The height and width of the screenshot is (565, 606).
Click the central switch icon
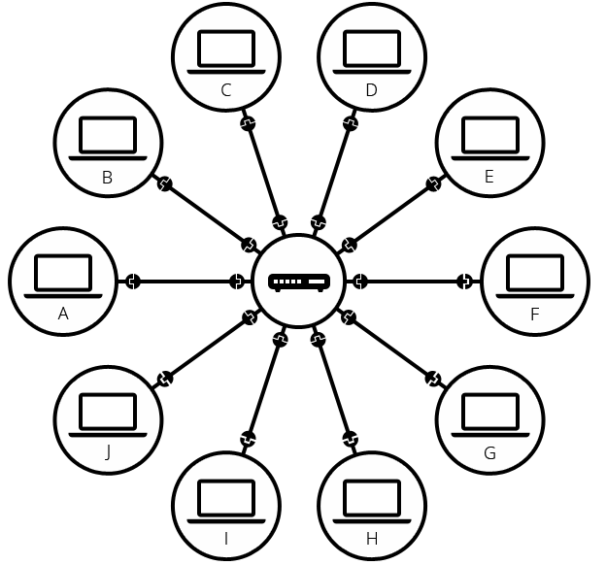[299, 282]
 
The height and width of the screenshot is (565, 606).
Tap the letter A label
[63, 314]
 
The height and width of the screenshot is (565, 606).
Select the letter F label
[534, 315]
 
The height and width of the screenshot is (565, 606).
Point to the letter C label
[226, 90]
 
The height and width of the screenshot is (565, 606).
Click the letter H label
[372, 539]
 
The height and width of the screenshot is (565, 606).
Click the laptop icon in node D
[372, 51]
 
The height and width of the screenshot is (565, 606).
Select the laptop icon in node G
[489, 415]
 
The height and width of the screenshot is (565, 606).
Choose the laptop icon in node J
[108, 415]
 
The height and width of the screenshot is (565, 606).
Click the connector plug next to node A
[132, 282]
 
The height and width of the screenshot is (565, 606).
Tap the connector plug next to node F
[465, 282]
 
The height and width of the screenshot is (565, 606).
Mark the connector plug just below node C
[248, 123]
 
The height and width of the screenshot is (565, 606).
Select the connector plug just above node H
[351, 440]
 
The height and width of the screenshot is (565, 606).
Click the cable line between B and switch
[206, 213]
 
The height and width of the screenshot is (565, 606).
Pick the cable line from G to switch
[391, 348]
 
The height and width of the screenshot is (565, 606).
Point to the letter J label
[108, 452]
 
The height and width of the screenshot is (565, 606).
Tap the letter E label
[489, 177]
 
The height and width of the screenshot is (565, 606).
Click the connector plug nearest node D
[351, 123]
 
